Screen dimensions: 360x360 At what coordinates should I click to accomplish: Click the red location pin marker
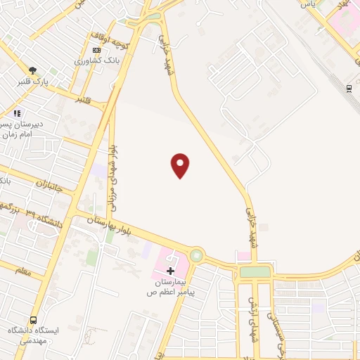click(181, 165)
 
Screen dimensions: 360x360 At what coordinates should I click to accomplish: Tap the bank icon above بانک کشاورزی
click(97, 50)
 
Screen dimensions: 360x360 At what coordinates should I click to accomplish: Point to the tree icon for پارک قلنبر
click(32, 70)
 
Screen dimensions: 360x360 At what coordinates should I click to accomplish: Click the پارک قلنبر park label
click(36, 81)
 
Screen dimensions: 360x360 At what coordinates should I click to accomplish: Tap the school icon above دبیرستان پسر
click(17, 112)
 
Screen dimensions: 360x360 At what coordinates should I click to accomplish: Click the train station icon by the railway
click(349, 88)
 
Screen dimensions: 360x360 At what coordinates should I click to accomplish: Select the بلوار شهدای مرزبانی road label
click(112, 180)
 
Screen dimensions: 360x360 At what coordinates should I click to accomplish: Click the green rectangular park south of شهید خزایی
click(255, 271)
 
